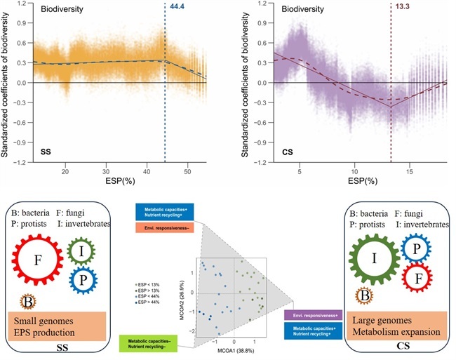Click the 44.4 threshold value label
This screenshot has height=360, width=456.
coord(175,7)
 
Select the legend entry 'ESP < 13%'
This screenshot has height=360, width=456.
coord(153,288)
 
